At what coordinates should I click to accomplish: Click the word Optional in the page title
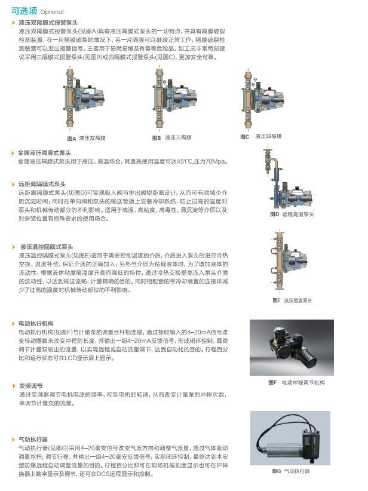click(x=53, y=12)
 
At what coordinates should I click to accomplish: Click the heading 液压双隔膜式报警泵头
click(x=48, y=22)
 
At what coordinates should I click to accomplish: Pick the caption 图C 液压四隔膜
click(x=260, y=137)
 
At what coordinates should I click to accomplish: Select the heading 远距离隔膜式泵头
click(x=42, y=185)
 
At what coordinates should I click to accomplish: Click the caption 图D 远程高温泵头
click(x=291, y=214)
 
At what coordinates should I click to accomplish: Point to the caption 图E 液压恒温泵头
click(x=293, y=300)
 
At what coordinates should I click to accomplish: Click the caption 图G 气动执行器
click(x=290, y=471)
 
